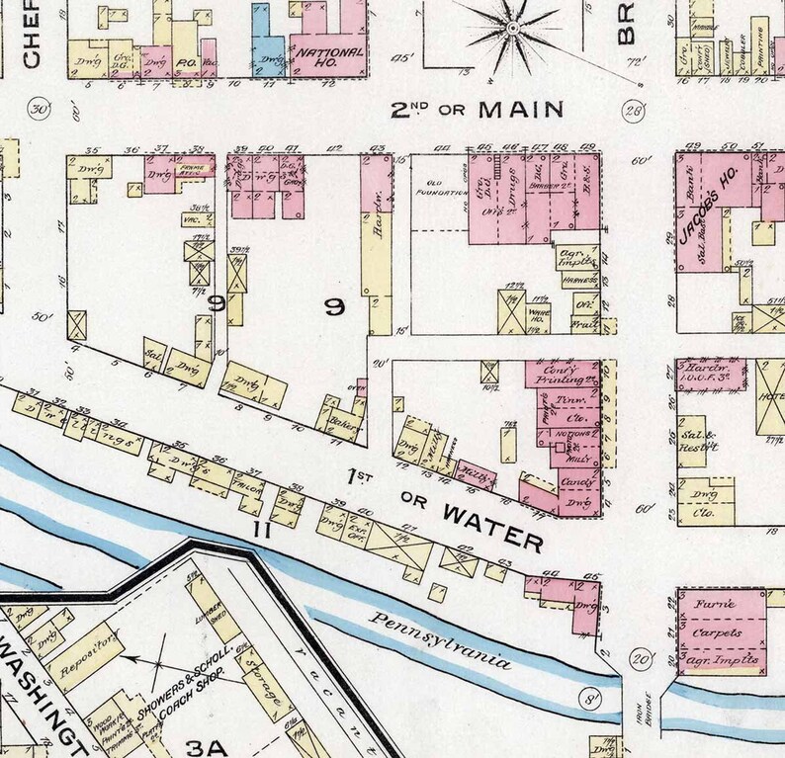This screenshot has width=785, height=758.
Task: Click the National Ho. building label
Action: (329, 56)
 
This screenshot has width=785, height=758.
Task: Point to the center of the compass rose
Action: (512, 29)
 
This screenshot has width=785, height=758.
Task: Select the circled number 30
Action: (40, 109)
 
